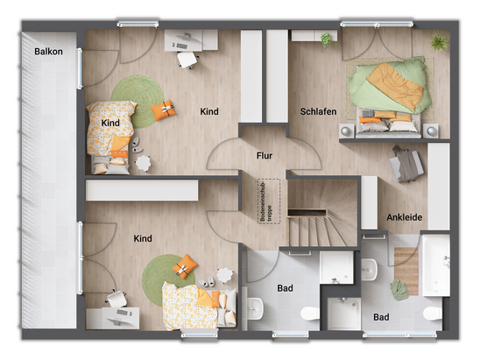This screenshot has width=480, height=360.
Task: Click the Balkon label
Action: (x=48, y=52)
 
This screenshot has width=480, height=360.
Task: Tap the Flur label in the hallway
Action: (x=265, y=156)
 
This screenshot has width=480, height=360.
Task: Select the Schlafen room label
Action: (x=318, y=111)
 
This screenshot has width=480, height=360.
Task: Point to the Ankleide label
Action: (x=405, y=217)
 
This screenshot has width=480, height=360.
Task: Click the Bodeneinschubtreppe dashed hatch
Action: (x=269, y=201)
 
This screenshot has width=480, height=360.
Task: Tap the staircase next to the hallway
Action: (x=322, y=213)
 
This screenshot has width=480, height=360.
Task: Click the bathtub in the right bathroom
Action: (x=436, y=265)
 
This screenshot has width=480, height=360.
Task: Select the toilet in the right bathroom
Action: (x=433, y=314)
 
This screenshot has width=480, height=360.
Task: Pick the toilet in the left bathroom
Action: (x=310, y=314)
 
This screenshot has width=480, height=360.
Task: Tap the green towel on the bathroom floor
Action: (x=399, y=290)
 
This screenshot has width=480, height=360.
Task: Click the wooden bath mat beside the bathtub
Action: (x=406, y=272)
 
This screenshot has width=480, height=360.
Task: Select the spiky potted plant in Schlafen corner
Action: (x=440, y=42)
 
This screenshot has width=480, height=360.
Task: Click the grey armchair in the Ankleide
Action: (x=406, y=165)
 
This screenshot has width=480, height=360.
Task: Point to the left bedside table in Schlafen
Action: (x=347, y=131)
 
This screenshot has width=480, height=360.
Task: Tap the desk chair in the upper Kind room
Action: (x=187, y=60)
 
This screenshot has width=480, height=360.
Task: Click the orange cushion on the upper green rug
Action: (x=163, y=109)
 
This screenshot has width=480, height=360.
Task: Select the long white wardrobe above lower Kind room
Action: (x=142, y=190)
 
